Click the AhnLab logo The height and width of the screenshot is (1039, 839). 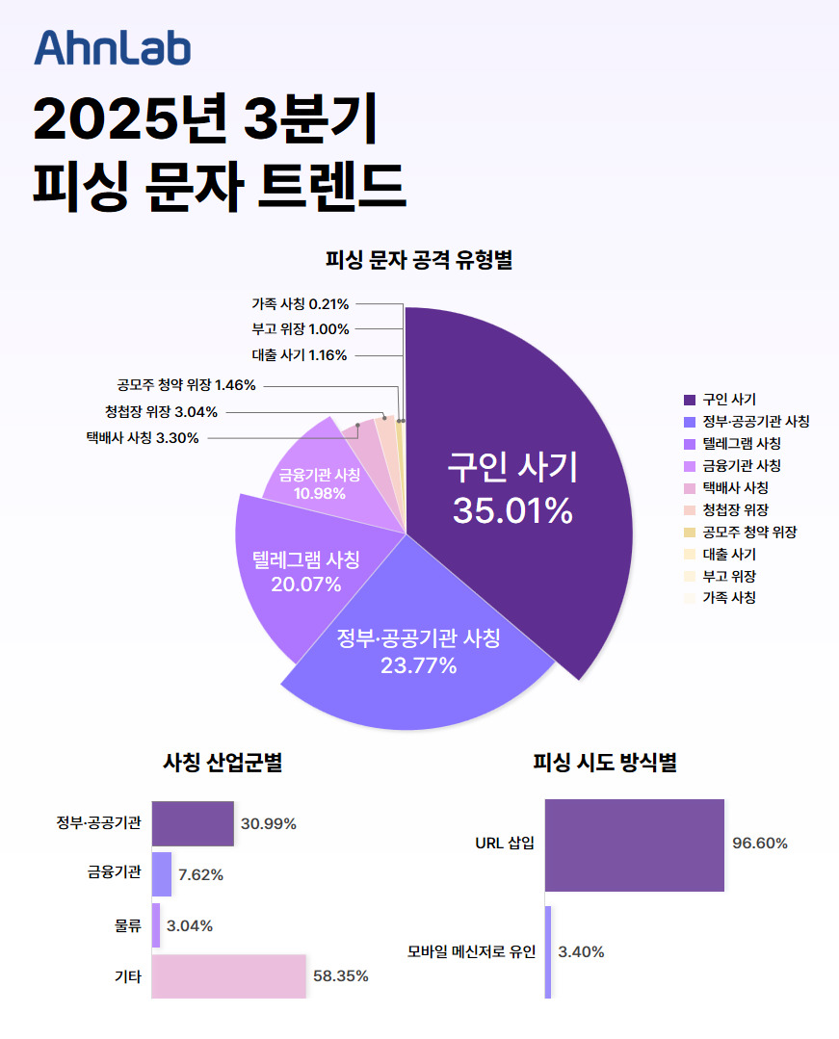tap(113, 48)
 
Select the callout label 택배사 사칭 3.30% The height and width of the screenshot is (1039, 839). tap(142, 438)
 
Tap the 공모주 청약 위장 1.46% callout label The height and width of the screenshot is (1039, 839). tap(181, 385)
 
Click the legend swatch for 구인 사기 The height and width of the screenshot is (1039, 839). tap(689, 399)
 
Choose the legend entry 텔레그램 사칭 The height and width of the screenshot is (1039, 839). tap(741, 443)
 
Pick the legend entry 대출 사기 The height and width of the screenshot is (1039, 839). tap(728, 554)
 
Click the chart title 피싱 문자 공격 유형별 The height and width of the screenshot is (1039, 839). tap(419, 259)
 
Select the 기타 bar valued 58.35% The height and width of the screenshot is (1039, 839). tap(228, 975)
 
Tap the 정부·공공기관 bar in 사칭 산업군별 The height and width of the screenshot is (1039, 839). tap(193, 823)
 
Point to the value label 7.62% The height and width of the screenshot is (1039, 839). tap(201, 875)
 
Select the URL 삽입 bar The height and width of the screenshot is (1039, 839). tap(634, 844)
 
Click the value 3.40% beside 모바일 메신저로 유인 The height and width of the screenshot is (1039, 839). tap(581, 952)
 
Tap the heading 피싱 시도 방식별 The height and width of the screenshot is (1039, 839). tap(604, 764)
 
